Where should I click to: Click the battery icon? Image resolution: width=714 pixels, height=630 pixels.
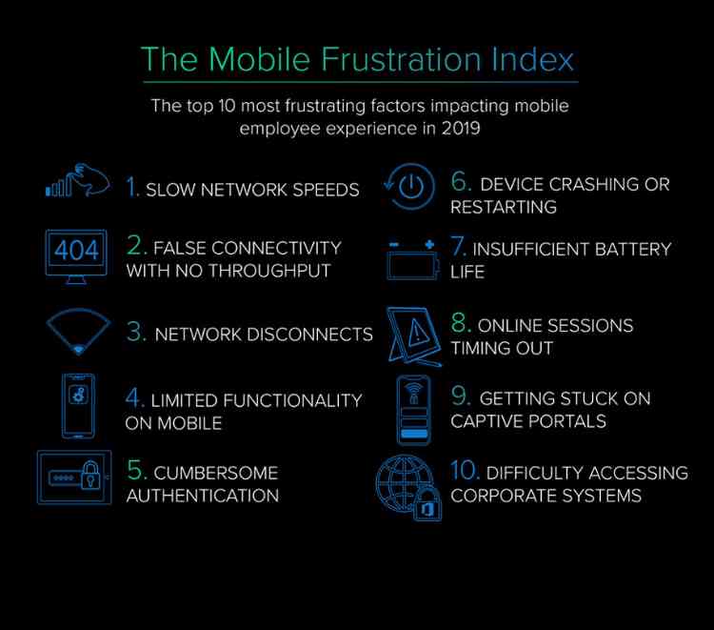coord(413,260)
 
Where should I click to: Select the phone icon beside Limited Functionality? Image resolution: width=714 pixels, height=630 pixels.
coord(78,405)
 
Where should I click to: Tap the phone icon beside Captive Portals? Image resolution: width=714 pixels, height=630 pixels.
coord(412,410)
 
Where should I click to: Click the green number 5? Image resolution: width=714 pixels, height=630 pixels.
coord(136,472)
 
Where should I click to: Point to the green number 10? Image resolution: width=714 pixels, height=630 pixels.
coord(465,471)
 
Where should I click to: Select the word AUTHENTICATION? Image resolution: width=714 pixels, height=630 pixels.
coord(203,496)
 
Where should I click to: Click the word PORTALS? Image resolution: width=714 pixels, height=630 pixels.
coord(571,421)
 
